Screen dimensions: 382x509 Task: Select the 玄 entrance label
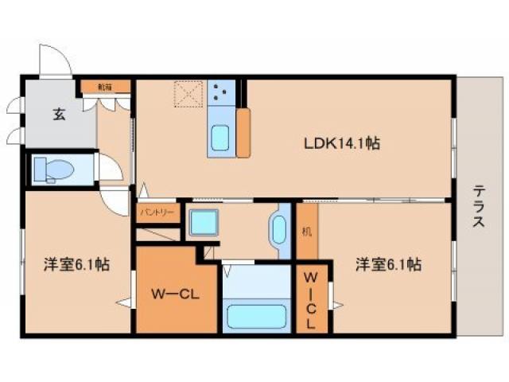pos(60,113)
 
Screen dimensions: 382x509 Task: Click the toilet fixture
pos(55,170)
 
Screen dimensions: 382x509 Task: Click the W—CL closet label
pos(175,294)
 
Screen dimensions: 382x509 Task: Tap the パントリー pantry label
pos(157,213)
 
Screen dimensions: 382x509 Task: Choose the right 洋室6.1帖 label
pos(388,264)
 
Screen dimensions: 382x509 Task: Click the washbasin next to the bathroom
pos(280,231)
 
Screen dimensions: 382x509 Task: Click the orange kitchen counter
pos(243,131)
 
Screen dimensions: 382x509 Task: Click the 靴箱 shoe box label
pos(104,87)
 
